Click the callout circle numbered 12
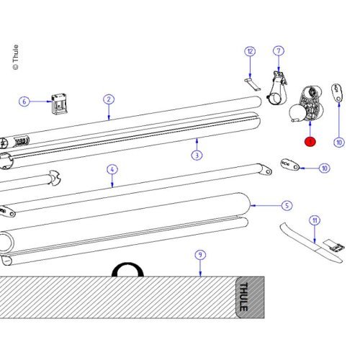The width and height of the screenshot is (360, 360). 250,51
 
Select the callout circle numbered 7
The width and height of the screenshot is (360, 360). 279,51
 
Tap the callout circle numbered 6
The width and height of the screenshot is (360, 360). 24,102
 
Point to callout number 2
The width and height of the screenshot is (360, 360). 108,99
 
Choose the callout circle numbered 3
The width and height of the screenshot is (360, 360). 196,155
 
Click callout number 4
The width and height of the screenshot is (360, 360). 112,170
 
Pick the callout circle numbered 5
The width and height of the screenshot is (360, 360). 287,205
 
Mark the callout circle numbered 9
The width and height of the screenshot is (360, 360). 201,255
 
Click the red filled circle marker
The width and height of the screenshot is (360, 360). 310,142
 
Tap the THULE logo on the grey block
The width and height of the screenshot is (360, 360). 249,295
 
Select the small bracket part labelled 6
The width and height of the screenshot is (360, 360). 60,104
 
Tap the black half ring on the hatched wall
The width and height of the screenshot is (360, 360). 128,269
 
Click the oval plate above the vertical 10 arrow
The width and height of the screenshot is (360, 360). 338,93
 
